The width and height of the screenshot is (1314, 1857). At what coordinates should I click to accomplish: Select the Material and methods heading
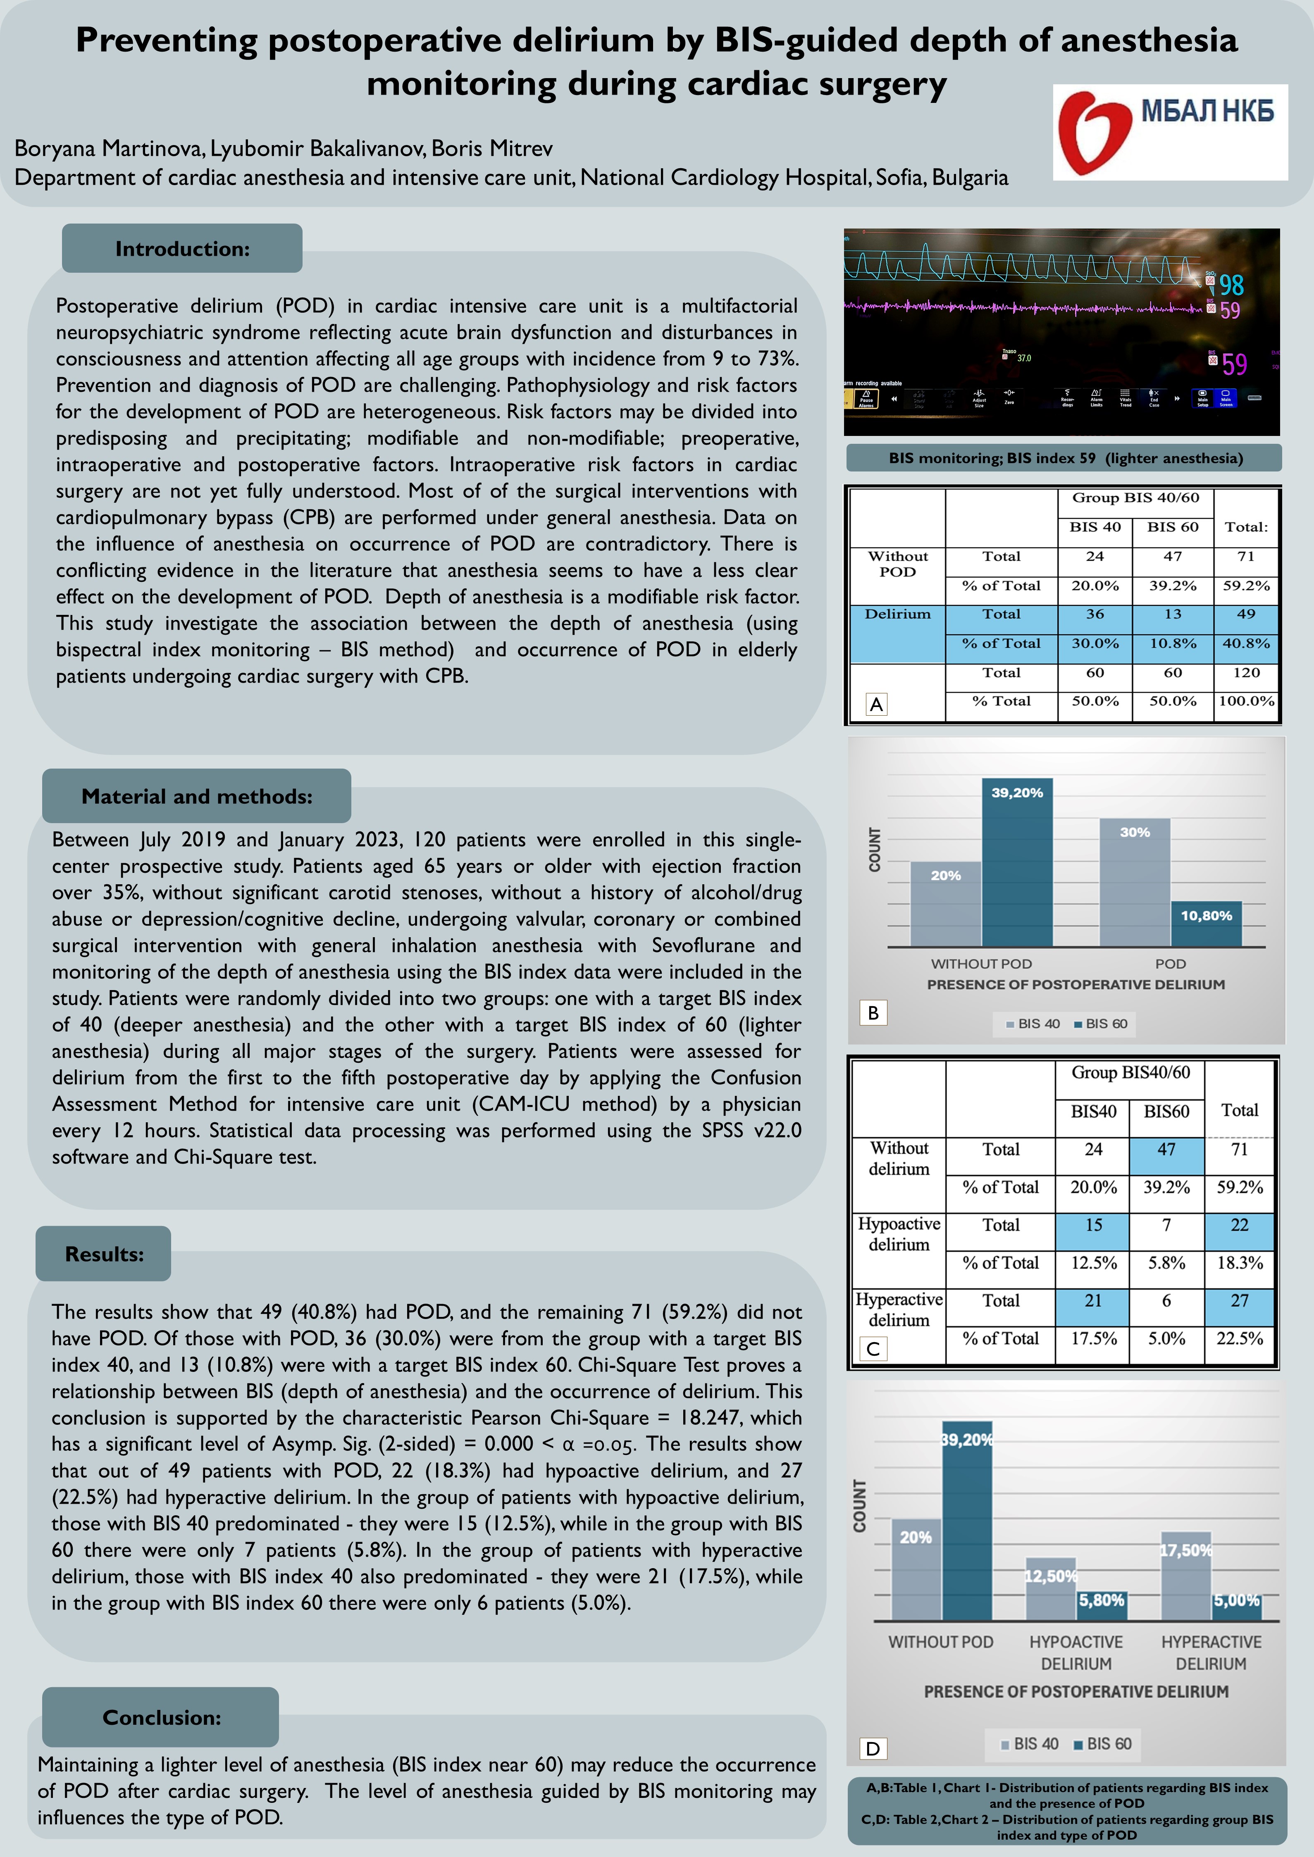click(x=197, y=797)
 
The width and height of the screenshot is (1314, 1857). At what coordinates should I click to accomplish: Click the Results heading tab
click(x=104, y=1255)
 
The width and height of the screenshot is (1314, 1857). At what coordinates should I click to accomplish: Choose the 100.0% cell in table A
click(x=1246, y=701)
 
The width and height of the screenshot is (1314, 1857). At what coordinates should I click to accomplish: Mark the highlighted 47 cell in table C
click(x=1166, y=1149)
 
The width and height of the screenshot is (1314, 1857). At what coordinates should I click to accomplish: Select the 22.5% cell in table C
click(x=1240, y=1338)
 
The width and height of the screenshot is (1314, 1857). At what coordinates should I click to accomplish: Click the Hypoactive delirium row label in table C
click(x=899, y=1234)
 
